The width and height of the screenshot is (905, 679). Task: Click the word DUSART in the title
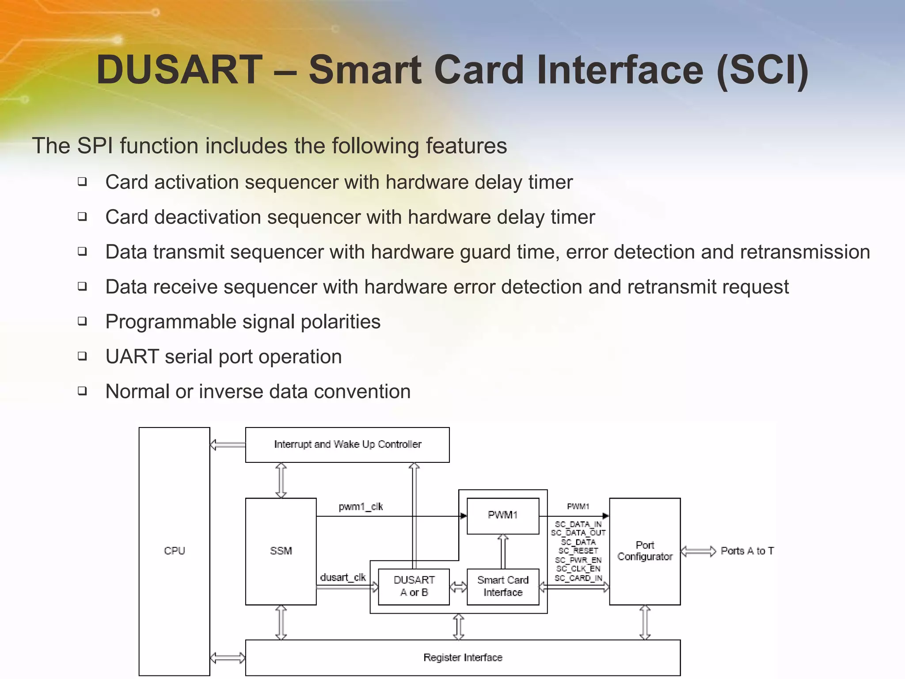[x=179, y=70]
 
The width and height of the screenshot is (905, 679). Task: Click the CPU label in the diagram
[x=174, y=551]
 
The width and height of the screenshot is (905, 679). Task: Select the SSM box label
[x=281, y=551]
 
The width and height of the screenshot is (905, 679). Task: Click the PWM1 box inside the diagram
[x=502, y=515]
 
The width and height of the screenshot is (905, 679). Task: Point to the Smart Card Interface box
[x=502, y=586]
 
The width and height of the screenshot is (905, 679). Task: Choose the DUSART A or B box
[x=414, y=586]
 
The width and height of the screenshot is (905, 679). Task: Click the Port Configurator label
[x=645, y=551]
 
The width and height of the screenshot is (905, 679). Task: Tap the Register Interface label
[x=463, y=657]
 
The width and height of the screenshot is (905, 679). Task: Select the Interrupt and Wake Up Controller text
[x=347, y=444]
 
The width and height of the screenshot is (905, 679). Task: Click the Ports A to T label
[x=747, y=551]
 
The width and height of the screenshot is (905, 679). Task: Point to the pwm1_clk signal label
[x=361, y=507]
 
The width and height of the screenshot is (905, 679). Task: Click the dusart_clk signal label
[x=343, y=577]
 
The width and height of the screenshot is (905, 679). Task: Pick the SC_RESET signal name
[x=578, y=551]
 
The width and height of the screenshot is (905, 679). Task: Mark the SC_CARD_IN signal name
[x=578, y=578]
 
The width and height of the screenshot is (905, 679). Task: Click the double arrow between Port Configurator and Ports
[x=698, y=551]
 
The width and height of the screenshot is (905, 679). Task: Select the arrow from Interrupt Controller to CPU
[x=228, y=445]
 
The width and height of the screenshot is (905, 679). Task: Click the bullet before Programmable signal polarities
[x=82, y=321]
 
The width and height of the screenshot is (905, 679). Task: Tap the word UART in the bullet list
[x=132, y=357]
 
